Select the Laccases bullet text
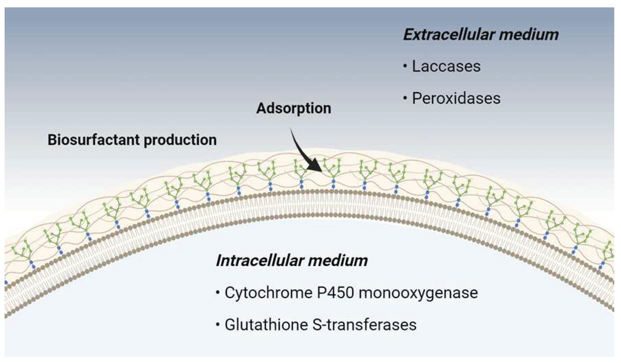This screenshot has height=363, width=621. tap(446, 66)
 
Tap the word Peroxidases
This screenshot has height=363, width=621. tap(456, 98)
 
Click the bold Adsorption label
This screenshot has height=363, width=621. tap(294, 108)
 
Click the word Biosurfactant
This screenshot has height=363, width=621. tap(94, 140)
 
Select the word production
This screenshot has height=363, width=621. tap(180, 140)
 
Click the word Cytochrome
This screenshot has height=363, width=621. tap(268, 293)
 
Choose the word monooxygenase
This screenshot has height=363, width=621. tap(418, 293)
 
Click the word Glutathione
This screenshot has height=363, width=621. tap(266, 325)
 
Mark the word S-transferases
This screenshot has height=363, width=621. tap(364, 325)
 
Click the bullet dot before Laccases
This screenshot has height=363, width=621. tap(405, 66)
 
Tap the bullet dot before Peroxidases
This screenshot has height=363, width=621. tap(405, 98)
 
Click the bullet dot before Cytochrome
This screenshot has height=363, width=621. tap(218, 292)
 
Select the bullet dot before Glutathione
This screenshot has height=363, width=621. tap(218, 324)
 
